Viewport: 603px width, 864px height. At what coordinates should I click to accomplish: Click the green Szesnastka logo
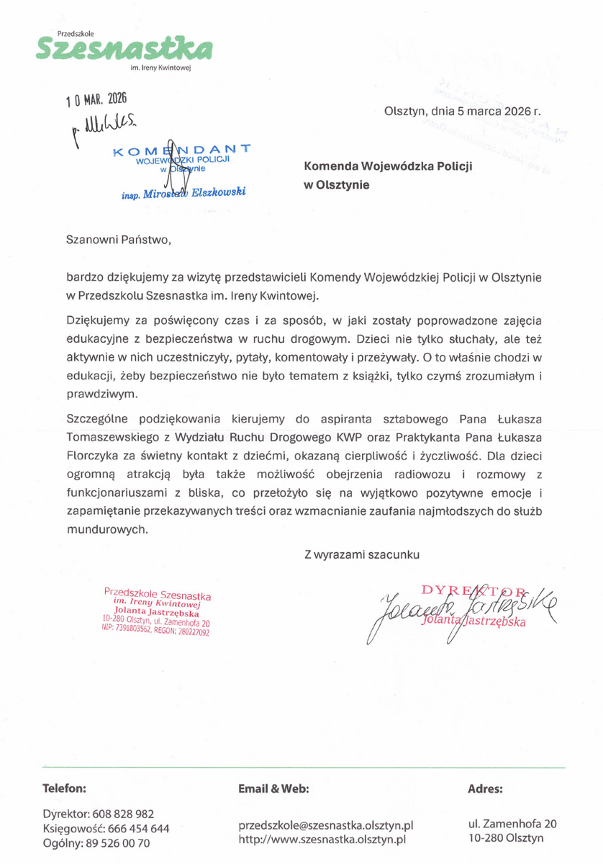click(123, 50)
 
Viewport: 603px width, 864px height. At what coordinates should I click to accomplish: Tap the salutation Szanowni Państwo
click(119, 239)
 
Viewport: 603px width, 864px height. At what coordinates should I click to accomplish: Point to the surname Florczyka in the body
click(93, 455)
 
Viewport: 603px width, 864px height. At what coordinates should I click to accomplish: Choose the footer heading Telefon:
click(65, 788)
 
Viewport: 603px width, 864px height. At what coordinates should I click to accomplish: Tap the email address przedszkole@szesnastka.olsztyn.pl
click(326, 825)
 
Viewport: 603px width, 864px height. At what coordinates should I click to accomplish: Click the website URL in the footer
click(322, 839)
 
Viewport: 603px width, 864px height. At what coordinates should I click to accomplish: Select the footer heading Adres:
click(485, 788)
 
